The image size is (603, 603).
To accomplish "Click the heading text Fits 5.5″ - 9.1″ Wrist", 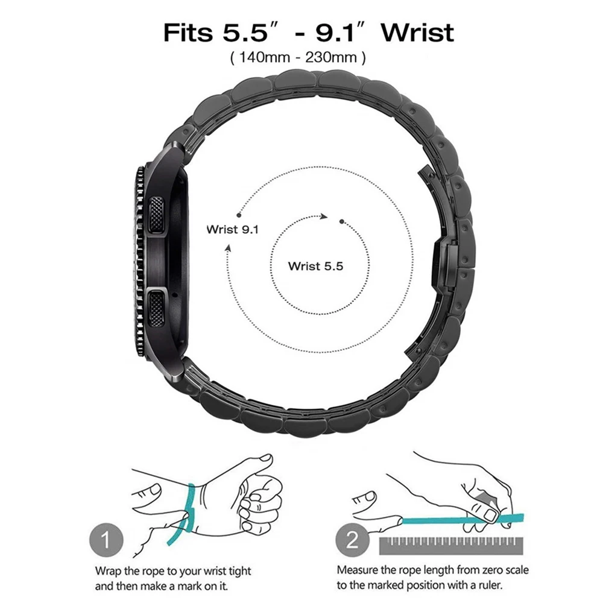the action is pyautogui.click(x=308, y=31).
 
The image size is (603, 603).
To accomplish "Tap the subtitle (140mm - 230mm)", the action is pyautogui.click(x=297, y=58).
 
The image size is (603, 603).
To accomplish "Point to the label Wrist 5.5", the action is pyautogui.click(x=315, y=265).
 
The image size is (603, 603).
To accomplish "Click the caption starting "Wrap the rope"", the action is pyautogui.click(x=172, y=577).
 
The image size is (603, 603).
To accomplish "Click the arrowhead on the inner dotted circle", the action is pyautogui.click(x=324, y=216).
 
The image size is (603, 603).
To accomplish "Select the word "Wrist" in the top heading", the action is pyautogui.click(x=418, y=31).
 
